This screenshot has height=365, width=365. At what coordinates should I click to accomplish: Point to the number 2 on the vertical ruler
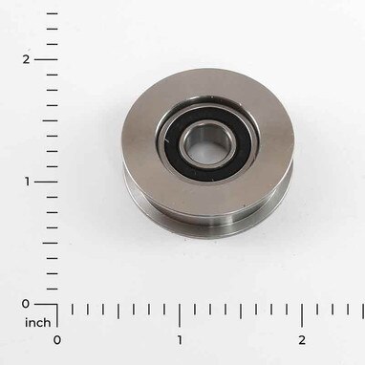click(26, 59)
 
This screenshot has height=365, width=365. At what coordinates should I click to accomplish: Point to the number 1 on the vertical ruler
click(26, 182)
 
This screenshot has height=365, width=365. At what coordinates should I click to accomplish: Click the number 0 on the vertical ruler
click(26, 304)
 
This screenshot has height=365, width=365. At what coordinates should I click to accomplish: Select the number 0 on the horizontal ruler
click(57, 339)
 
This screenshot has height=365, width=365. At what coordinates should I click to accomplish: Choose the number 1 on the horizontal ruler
click(180, 339)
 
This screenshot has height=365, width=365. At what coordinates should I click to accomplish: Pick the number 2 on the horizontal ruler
click(302, 339)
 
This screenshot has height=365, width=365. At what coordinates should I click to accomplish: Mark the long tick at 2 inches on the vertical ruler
click(46, 59)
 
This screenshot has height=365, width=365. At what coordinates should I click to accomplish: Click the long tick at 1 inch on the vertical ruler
click(46, 182)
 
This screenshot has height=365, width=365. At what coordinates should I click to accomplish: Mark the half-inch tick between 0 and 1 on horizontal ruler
click(118, 311)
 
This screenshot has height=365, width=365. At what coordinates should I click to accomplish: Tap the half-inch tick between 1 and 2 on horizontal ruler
click(241, 311)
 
